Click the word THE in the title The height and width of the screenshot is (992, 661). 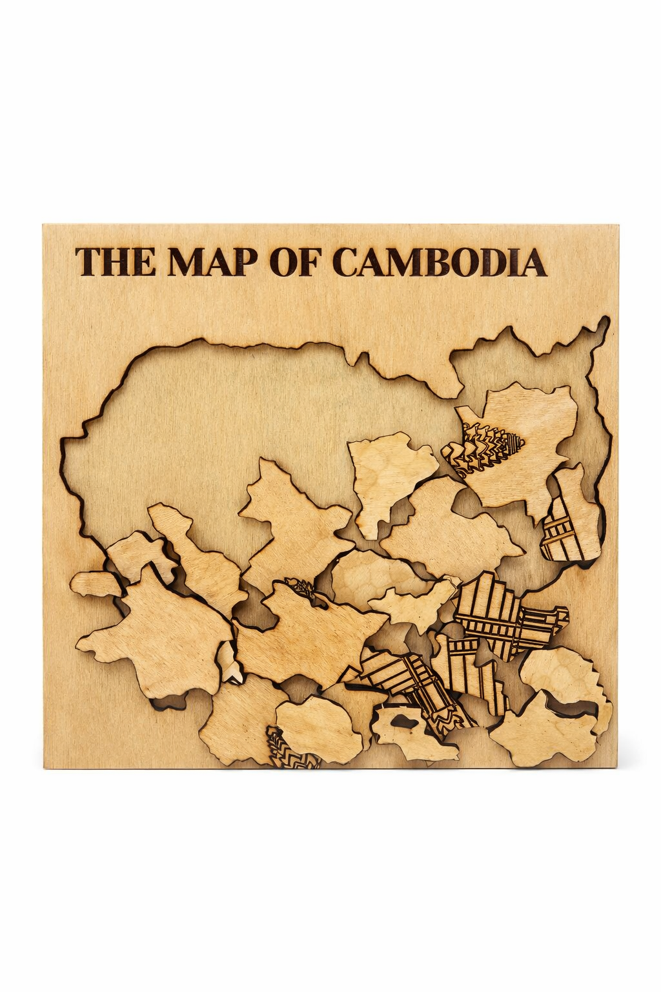[115, 261]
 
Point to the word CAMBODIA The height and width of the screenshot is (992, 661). [439, 261]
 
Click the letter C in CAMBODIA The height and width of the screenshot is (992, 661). [347, 261]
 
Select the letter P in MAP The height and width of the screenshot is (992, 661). [248, 261]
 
